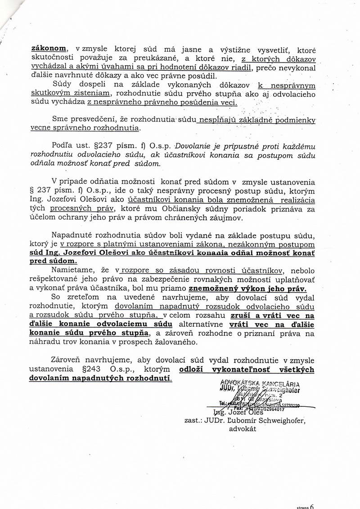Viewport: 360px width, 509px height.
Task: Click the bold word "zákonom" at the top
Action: [48, 49]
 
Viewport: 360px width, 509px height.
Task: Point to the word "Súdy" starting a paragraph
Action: [63, 85]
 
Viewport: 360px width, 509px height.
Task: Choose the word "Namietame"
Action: [72, 270]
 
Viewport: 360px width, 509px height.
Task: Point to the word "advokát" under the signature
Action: [243, 429]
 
